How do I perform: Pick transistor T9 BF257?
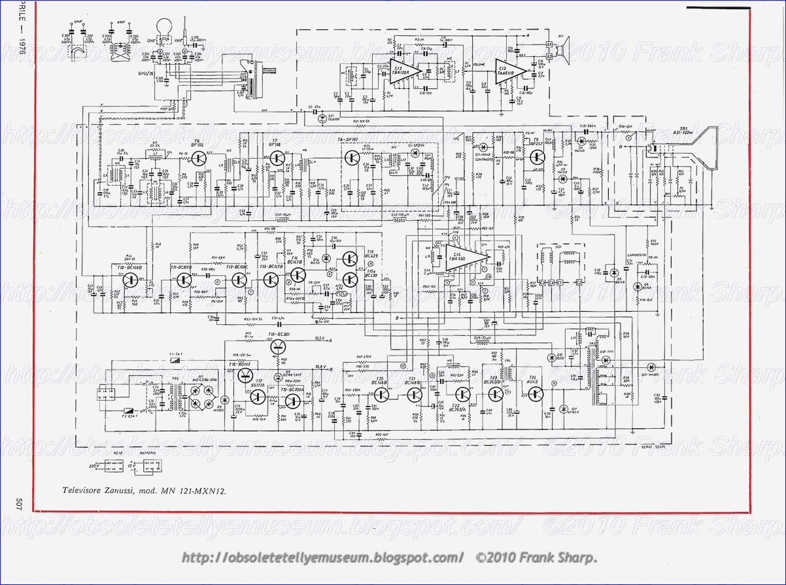click(x=538, y=157)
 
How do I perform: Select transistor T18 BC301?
click(x=280, y=346)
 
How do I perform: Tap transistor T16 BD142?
click(x=246, y=375)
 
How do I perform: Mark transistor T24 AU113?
click(x=536, y=393)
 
